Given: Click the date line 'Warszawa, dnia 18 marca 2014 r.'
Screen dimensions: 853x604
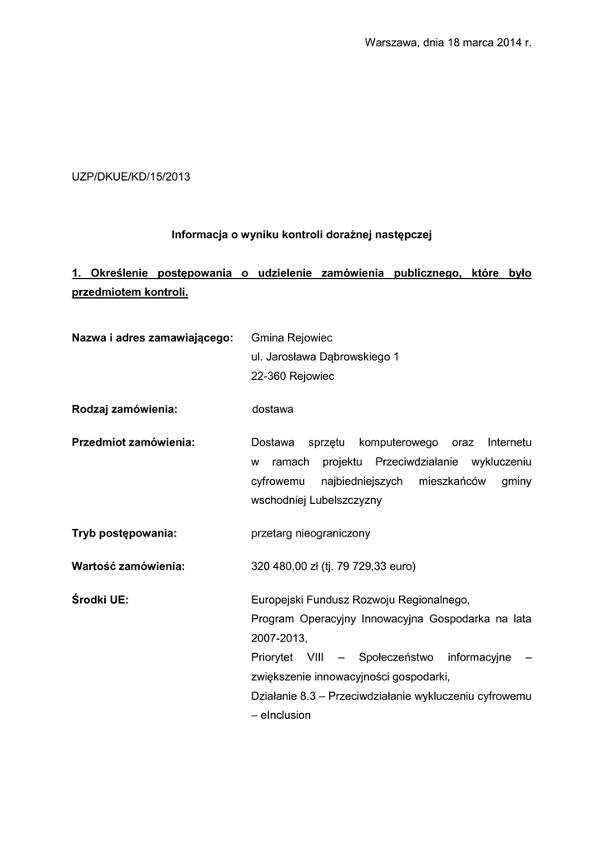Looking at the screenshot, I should [448, 42].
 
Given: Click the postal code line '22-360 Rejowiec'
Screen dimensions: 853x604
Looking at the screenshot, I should [292, 376].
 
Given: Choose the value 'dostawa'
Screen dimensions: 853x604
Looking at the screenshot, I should [272, 409].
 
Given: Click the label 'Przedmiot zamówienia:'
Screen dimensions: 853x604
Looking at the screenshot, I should [133, 441].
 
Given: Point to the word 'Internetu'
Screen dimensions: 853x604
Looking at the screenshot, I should [510, 441].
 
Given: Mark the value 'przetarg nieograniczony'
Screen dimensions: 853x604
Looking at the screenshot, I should [311, 532].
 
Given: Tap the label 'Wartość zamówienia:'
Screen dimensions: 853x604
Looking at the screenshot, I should [128, 566].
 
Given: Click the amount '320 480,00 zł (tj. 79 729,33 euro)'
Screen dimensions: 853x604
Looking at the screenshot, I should [333, 566].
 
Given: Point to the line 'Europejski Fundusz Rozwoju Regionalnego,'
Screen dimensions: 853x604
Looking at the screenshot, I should [361, 599].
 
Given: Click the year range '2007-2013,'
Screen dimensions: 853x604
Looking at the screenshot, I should [279, 638].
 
